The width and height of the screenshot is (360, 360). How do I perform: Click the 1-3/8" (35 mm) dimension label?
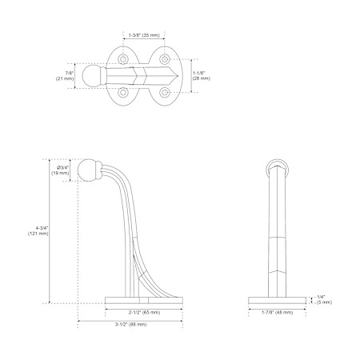(144, 35)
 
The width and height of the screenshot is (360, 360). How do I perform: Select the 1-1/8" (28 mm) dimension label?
(202, 75)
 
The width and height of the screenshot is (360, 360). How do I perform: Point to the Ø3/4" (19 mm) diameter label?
(60, 170)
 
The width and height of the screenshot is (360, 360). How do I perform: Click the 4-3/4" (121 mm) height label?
(38, 230)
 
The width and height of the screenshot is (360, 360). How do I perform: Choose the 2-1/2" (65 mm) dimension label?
(145, 312)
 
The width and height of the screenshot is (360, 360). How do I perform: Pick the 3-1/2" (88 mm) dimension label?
(130, 324)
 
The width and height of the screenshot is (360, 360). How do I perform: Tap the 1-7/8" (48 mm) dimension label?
(277, 312)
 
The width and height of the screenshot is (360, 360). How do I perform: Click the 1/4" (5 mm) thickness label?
(324, 300)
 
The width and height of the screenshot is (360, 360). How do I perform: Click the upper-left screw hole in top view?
(123, 58)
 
